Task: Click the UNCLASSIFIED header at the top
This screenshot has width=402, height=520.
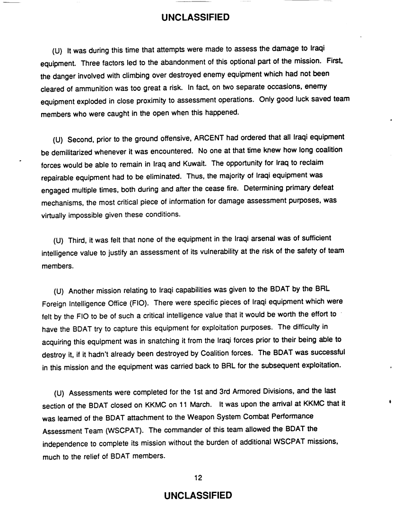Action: pos(195,18)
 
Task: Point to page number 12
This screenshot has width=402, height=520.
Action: pos(199,477)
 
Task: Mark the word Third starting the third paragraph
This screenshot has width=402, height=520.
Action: pos(76,238)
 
